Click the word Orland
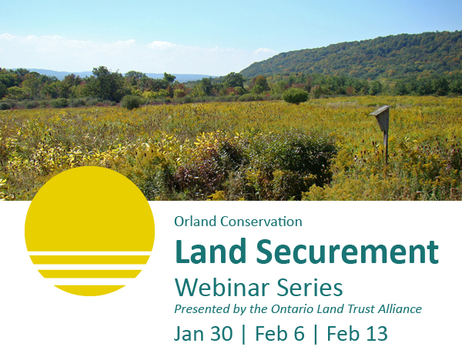[195, 222]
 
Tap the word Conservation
[261, 222]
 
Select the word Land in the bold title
[211, 252]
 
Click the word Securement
[347, 252]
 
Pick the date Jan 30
[203, 334]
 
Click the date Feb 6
[280, 334]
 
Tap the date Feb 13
[357, 334]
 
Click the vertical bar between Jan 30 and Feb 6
[243, 335]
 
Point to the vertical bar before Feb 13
[316, 335]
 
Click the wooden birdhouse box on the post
[382, 118]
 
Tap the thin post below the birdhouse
[386, 148]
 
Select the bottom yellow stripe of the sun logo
[89, 290]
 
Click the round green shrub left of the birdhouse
[295, 96]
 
